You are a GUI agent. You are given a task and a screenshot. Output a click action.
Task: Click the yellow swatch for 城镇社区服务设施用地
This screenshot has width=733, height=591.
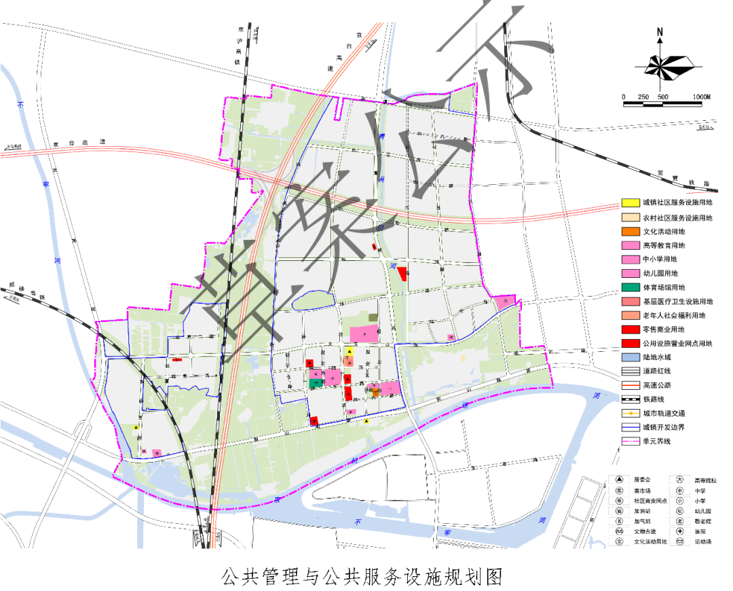pos(630,203)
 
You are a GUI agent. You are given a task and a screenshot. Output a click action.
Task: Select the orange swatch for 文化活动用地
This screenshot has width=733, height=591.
pos(630,232)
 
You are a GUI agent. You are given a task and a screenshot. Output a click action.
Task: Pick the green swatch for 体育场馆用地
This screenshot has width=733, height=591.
pos(630,287)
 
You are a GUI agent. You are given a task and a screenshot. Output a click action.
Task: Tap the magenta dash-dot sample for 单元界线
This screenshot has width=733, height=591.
pos(630,442)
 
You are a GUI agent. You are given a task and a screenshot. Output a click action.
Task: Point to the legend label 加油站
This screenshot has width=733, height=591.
pos(641,510)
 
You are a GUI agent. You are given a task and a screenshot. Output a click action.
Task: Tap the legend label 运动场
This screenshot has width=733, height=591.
pos(701,542)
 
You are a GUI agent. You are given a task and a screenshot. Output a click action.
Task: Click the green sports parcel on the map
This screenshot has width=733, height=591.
pos(316,383)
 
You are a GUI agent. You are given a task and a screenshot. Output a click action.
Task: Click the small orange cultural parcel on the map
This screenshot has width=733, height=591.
pos(375,392)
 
